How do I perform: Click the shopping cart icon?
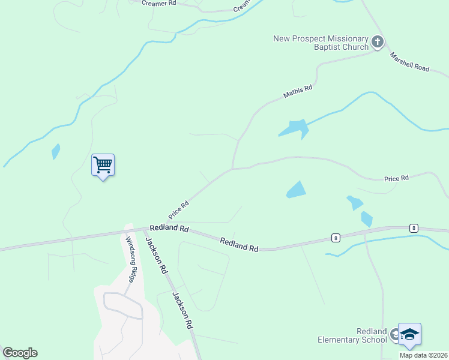[x=103, y=164]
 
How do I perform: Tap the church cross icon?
[x=377, y=42]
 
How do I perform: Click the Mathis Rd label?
[x=298, y=92]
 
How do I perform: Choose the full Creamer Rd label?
[x=158, y=3]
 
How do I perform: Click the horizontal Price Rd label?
[x=396, y=178]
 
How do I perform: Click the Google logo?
[x=20, y=353]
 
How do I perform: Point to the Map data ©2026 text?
[x=424, y=355]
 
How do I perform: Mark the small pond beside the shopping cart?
[x=56, y=151]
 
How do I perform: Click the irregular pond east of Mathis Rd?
[x=294, y=128]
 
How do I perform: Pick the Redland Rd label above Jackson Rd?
[x=169, y=229]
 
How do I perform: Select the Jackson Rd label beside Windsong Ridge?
[x=155, y=256]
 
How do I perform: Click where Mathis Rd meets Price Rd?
[x=232, y=169]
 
